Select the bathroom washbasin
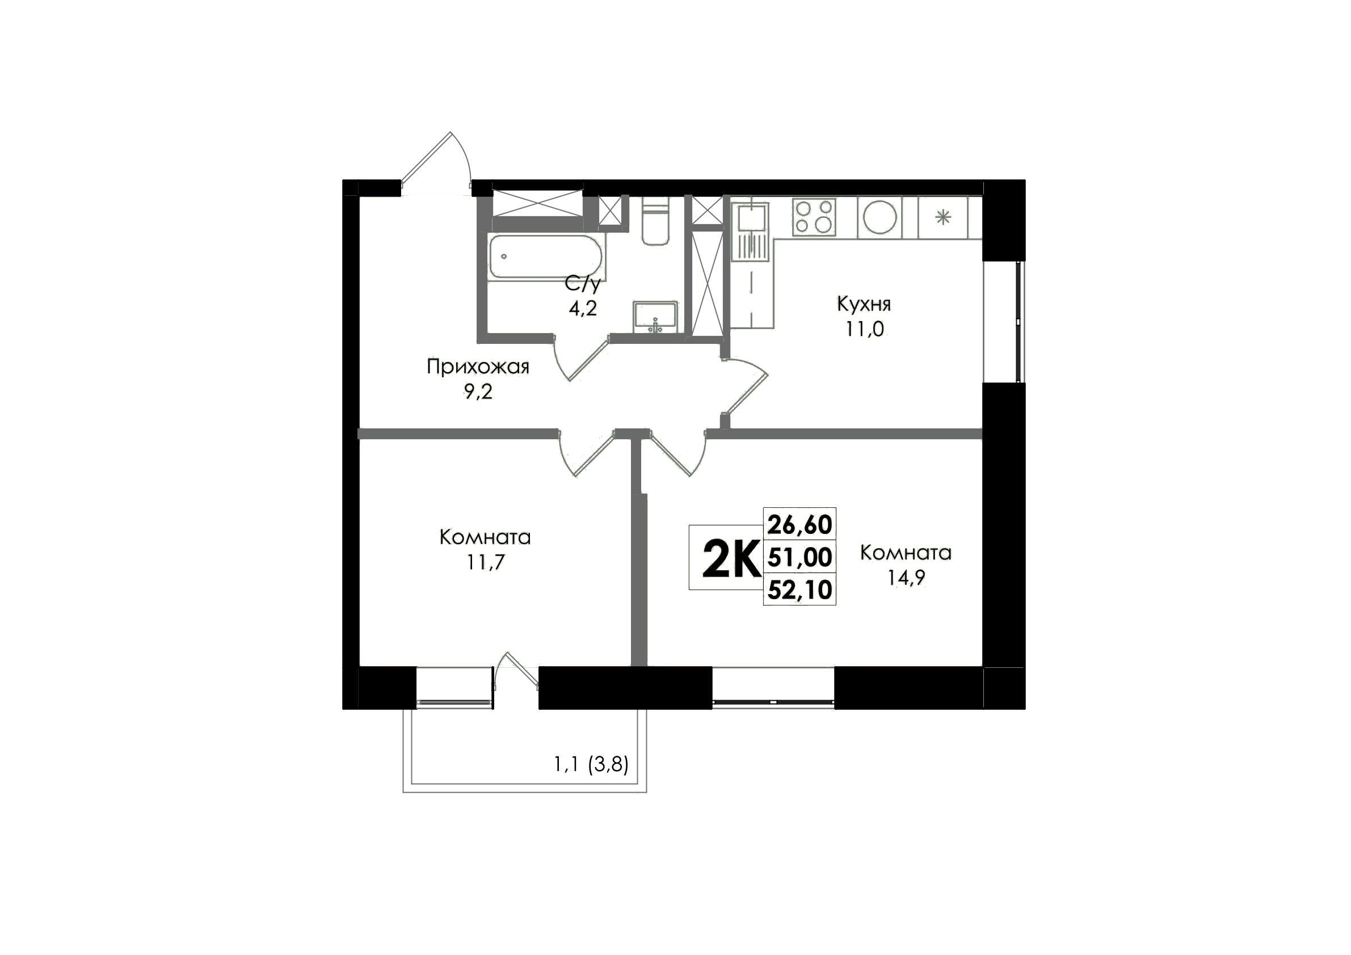coord(655,317)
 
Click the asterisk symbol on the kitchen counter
coord(943,218)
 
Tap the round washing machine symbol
coord(880,217)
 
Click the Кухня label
coord(864,304)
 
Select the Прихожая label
coord(478,367)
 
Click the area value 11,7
coord(486,563)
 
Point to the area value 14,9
coord(906,578)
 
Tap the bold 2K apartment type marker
coord(731,559)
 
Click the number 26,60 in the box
coord(799,524)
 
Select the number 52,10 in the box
coord(799,589)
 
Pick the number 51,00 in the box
coord(799,557)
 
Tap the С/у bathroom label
coord(583,284)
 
